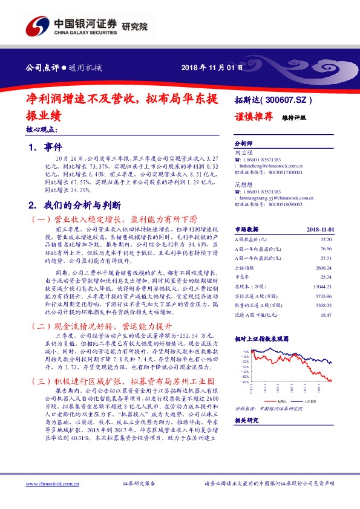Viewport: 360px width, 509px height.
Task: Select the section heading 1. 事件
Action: pyautogui.click(x=41, y=147)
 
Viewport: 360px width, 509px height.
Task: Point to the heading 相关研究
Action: pyautogui.click(x=247, y=420)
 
